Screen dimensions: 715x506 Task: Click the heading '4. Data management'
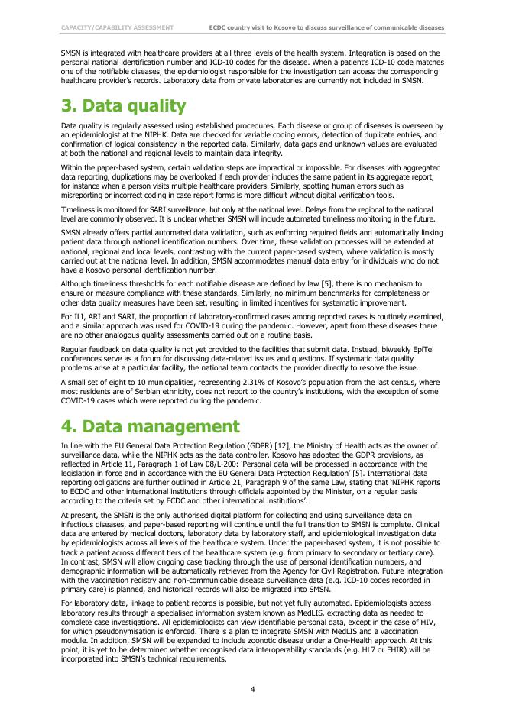pos(151,425)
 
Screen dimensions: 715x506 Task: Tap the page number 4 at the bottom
pos(253,689)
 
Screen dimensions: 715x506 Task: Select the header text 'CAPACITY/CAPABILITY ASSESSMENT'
pos(117,27)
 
